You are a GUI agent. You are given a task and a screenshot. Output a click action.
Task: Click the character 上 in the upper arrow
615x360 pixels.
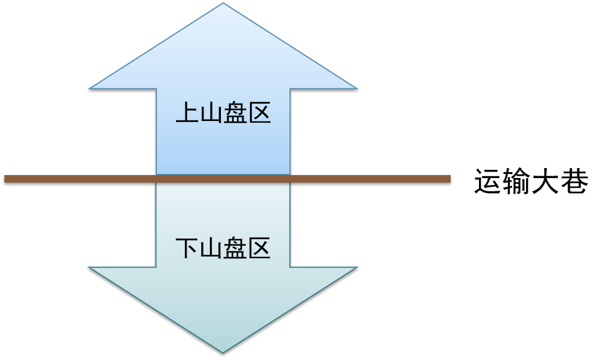click(187, 113)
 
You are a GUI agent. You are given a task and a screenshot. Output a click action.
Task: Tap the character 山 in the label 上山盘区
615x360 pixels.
click(211, 113)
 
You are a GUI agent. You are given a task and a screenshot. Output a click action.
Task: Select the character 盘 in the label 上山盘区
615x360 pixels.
click(235, 113)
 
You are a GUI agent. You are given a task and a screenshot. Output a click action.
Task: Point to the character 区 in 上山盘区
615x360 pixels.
click(259, 113)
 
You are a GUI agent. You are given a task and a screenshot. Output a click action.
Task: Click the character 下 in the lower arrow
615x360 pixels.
click(187, 249)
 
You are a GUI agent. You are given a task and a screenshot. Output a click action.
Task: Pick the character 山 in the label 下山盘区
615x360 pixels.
click(211, 249)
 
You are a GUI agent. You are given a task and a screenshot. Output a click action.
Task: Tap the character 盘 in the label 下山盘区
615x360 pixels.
click(235, 249)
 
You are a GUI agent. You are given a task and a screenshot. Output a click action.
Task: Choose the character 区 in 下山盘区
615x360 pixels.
click(259, 249)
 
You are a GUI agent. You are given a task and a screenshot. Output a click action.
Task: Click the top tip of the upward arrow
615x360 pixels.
click(223, 3)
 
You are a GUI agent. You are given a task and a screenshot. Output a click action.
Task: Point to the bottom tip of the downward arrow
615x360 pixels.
click(223, 352)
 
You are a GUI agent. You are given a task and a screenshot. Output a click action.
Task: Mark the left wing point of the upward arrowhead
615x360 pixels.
click(89, 89)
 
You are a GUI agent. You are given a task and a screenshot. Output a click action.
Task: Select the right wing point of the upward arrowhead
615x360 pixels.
click(357, 89)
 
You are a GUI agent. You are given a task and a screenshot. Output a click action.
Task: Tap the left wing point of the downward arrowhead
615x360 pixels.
click(89, 268)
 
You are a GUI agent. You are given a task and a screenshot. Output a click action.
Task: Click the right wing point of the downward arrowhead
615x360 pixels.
click(357, 268)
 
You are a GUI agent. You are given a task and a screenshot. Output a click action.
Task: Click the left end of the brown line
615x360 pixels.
click(5, 179)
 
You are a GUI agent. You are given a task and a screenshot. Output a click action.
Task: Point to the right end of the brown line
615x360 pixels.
click(450, 179)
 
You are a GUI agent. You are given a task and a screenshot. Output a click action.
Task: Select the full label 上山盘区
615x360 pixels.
click(223, 113)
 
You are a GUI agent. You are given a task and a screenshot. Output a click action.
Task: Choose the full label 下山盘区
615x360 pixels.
click(223, 249)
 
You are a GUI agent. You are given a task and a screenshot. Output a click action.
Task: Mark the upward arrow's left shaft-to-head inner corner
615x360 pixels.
click(156, 89)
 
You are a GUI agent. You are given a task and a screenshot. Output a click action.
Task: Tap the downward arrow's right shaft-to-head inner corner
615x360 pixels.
click(289, 268)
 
